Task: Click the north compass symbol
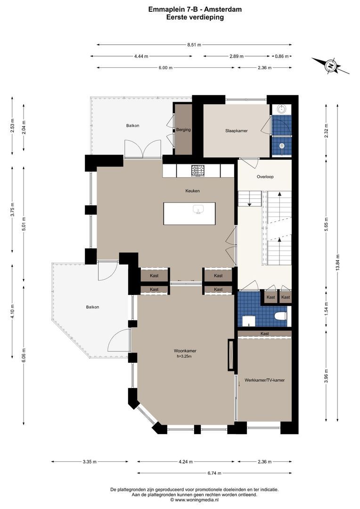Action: tap(330, 66)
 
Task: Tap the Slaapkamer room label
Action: tap(237, 131)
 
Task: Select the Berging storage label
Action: tap(183, 130)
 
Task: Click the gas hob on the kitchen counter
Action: tap(197, 171)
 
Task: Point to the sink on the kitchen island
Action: tap(197, 209)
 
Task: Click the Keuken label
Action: tap(193, 191)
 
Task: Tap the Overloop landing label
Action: tap(265, 177)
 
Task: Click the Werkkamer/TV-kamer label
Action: tap(264, 380)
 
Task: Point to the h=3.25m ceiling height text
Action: tap(185, 356)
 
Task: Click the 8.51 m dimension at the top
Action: tap(194, 45)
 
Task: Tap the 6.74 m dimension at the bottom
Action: tap(214, 473)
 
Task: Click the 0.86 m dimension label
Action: tap(282, 56)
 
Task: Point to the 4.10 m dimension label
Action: tap(13, 312)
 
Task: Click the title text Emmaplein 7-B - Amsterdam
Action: tap(195, 9)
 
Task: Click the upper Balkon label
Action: tap(133, 126)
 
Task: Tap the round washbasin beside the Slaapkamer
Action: tap(281, 108)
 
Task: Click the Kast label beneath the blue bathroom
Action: tap(264, 333)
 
